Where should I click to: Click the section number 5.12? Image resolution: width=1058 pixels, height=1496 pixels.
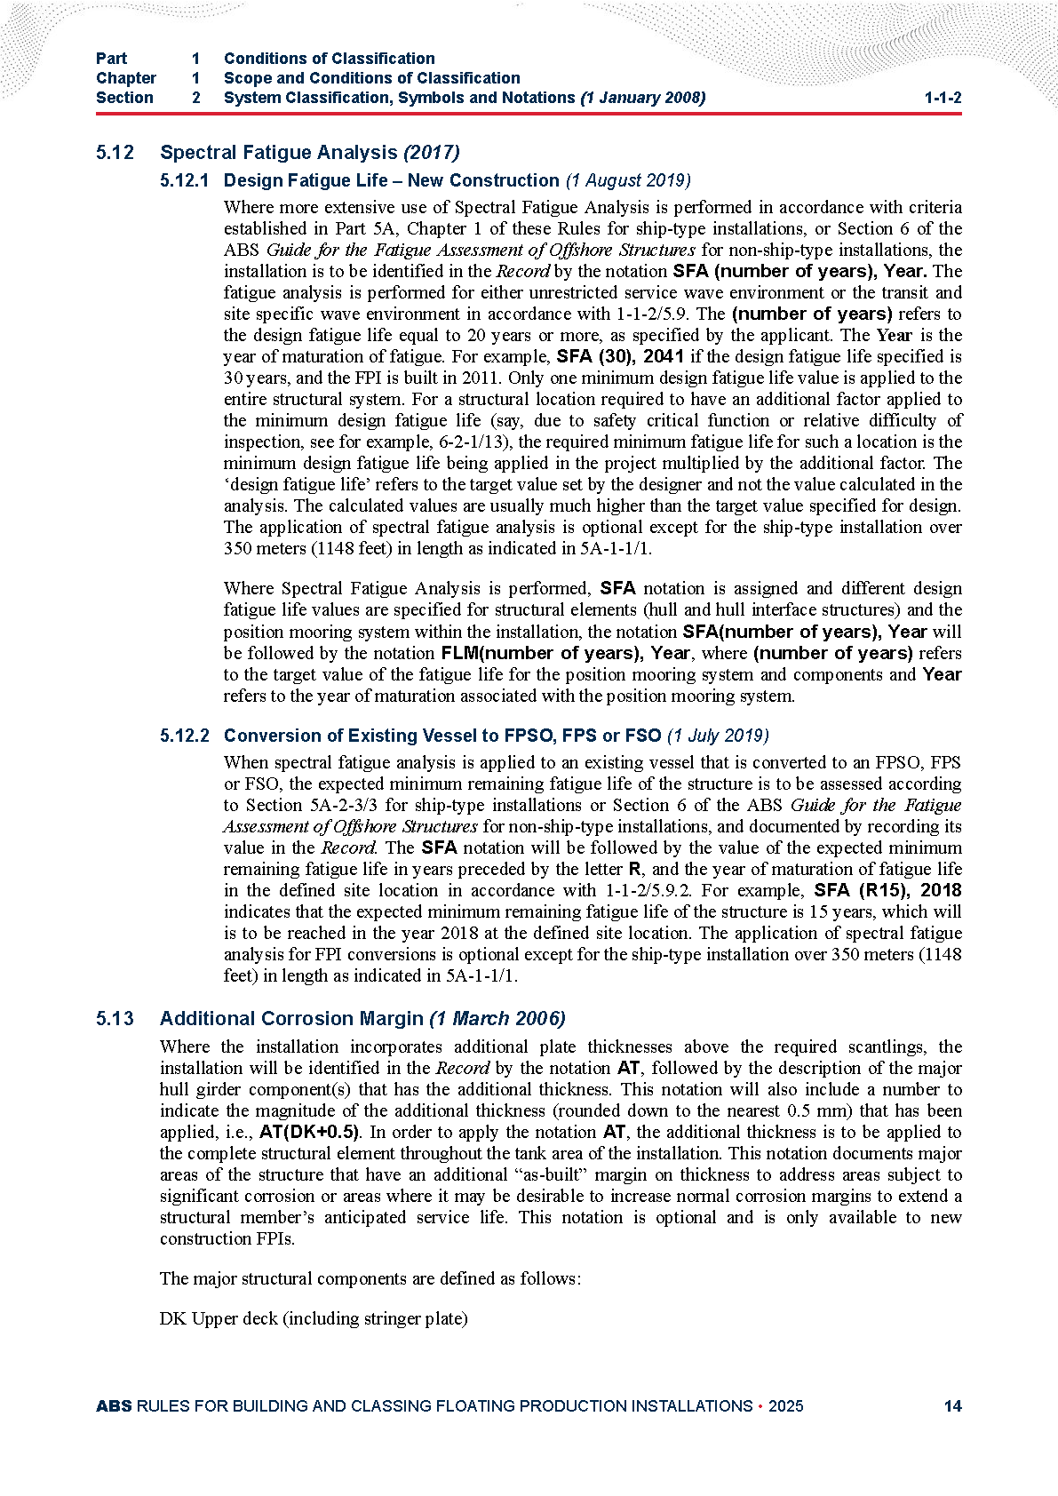pos(115,153)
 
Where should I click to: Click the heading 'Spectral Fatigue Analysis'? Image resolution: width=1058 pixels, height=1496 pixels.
pos(278,153)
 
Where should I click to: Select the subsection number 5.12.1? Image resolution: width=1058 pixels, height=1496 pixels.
pos(185,180)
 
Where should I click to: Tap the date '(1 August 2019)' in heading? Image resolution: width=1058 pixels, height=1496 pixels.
pos(627,180)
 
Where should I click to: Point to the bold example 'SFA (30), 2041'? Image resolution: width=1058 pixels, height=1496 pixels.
pos(620,356)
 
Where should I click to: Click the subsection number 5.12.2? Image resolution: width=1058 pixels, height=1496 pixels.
pos(185,736)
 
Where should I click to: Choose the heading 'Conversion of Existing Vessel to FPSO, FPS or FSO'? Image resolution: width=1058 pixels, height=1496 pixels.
pos(442,736)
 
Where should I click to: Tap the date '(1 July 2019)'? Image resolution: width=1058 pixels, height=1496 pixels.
pos(718,736)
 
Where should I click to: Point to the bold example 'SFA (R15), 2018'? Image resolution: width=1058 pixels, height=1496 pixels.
pos(887,890)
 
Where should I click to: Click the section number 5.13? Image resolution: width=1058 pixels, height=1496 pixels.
pos(115,1018)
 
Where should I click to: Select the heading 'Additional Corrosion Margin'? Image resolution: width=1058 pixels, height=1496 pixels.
pos(291,1018)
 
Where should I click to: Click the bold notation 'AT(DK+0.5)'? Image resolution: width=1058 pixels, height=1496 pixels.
pos(309,1132)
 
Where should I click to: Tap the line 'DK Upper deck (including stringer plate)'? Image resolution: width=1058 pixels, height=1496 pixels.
pos(314,1318)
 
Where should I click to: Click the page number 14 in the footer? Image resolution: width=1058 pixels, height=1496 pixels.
pos(952,1405)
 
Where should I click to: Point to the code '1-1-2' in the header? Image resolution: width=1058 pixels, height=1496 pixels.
pos(943,98)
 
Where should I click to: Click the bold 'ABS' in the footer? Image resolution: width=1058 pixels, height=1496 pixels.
pos(114,1405)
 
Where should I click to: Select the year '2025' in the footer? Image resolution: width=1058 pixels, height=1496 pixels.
pos(786,1405)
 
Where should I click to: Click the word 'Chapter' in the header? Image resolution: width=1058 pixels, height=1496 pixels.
pos(126,78)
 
